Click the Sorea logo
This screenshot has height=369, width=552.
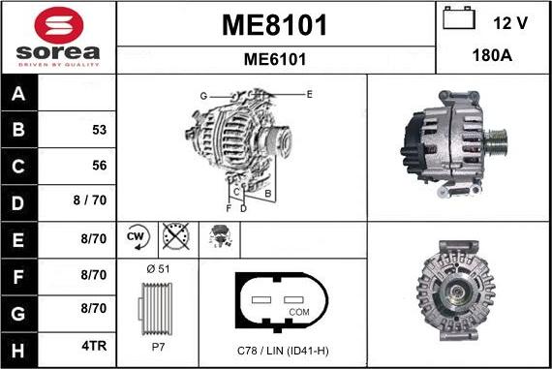[58, 37]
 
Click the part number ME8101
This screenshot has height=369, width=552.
[274, 24]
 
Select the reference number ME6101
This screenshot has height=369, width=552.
[274, 59]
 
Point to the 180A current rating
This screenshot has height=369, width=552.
[493, 56]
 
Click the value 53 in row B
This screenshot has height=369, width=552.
[99, 130]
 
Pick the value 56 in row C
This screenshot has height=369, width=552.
[99, 166]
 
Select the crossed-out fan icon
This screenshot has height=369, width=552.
[173, 236]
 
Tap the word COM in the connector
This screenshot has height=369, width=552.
[300, 311]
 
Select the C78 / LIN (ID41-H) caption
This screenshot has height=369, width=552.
[283, 350]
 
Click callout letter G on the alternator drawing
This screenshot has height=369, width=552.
[203, 96]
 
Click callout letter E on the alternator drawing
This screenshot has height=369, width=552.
[309, 94]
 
